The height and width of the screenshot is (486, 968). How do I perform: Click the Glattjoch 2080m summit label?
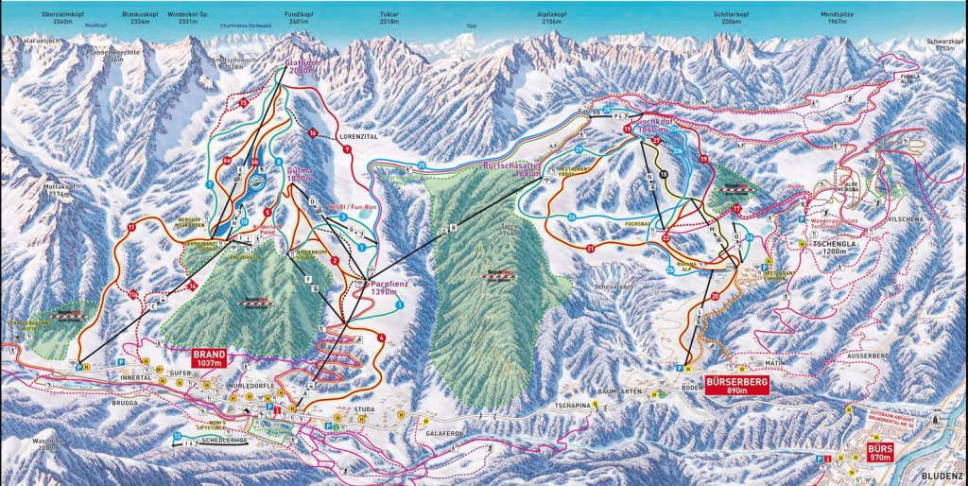coord(302,67)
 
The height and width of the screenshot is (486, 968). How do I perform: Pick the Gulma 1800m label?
coord(298,175)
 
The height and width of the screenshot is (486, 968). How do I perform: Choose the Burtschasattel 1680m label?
coord(510,168)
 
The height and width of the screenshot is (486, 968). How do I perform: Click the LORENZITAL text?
coord(357,136)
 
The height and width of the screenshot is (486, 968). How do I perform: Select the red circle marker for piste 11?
coord(131,227)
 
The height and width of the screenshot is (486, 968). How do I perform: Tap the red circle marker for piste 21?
coord(589,248)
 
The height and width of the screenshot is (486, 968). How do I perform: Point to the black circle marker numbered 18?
coord(664,175)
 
